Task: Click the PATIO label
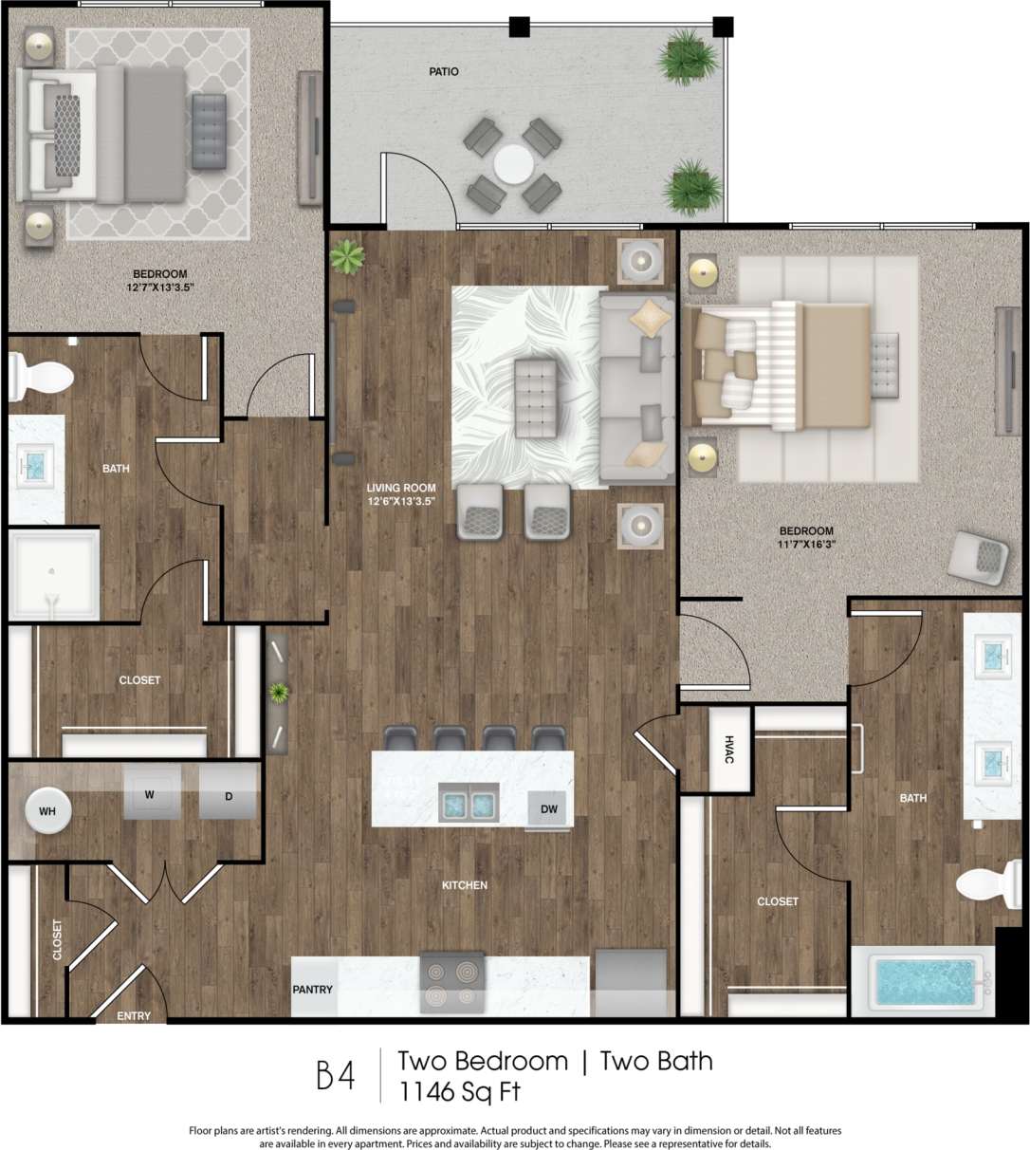point(443,71)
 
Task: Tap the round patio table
point(513,163)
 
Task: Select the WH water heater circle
point(46,811)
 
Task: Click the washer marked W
point(150,793)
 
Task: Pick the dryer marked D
point(229,795)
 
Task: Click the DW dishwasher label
point(548,808)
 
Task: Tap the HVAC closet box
point(730,749)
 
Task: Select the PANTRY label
point(312,989)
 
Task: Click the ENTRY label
point(134,1015)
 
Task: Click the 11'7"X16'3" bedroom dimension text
point(806,545)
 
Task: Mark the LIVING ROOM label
point(401,489)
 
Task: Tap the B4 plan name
point(335,1076)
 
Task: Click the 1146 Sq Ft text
point(459,1091)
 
